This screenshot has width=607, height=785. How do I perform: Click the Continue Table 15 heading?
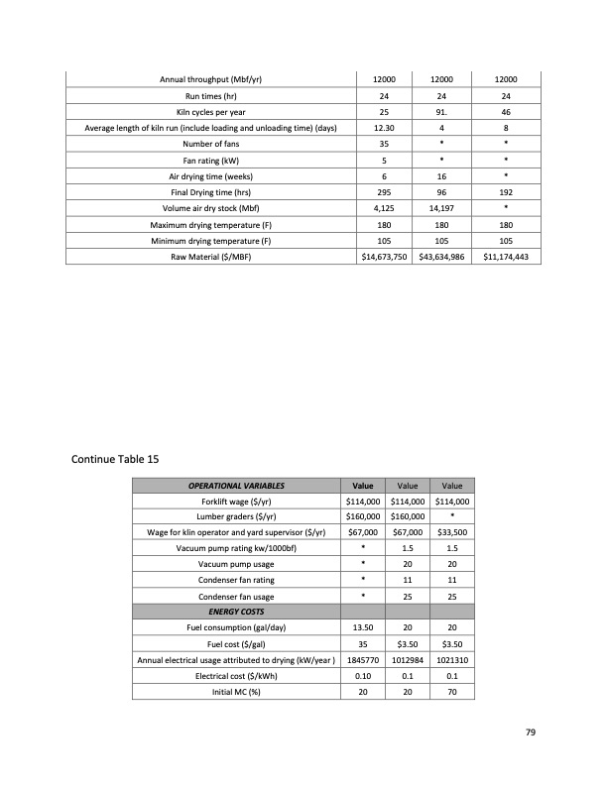click(x=114, y=459)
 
